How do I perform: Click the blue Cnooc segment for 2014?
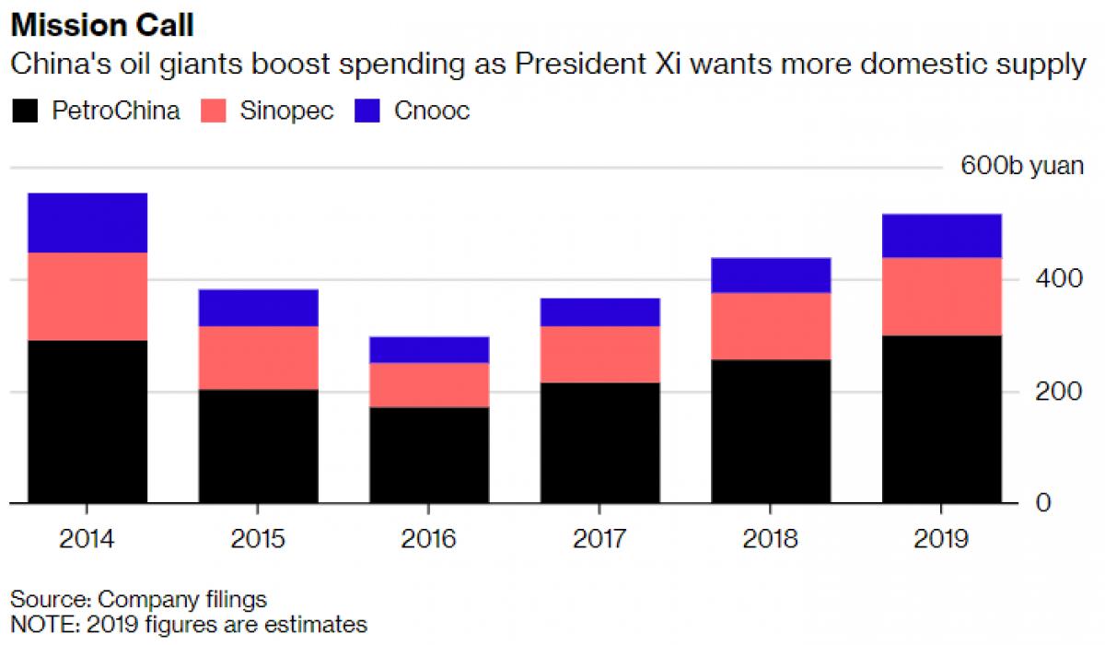tap(87, 222)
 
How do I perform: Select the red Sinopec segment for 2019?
tap(942, 297)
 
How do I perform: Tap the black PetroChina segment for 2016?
tap(429, 455)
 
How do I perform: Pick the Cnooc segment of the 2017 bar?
tap(599, 312)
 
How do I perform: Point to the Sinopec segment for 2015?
tap(258, 358)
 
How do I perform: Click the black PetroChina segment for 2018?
tap(771, 431)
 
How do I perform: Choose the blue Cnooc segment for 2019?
tap(942, 236)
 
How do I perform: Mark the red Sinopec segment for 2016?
tap(429, 385)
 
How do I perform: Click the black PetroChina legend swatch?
tap(25, 111)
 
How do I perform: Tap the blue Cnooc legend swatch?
tap(368, 111)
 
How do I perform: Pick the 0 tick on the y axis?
tap(1042, 504)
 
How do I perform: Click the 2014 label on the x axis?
tap(87, 538)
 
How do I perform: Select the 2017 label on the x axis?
tap(599, 538)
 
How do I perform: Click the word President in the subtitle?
tap(599, 65)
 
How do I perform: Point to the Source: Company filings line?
tap(138, 600)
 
